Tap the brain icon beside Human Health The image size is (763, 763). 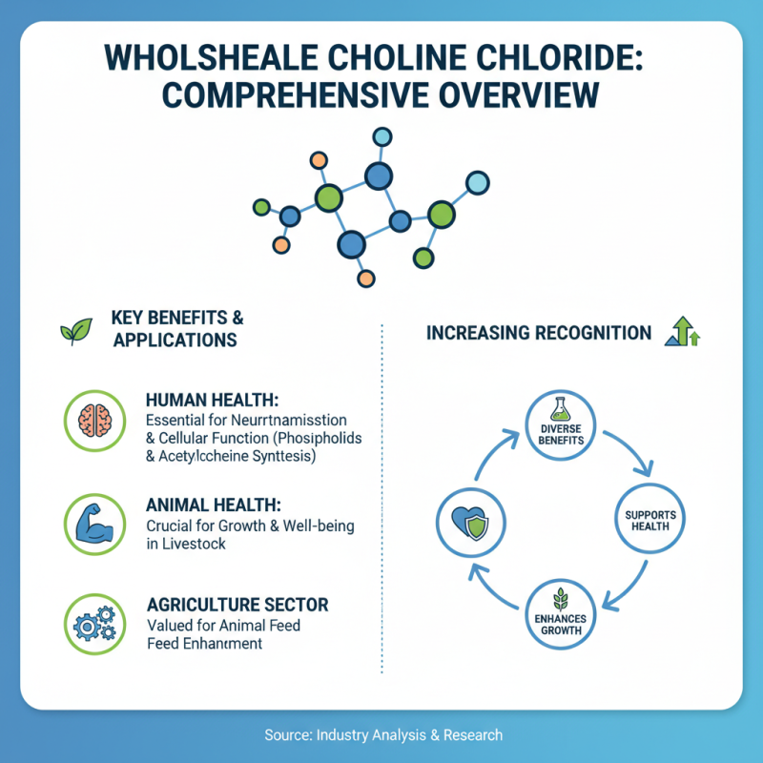93,420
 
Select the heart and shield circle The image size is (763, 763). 469,521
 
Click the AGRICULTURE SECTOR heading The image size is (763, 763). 237,605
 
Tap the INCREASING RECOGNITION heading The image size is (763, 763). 539,334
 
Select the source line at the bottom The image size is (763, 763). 381,735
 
